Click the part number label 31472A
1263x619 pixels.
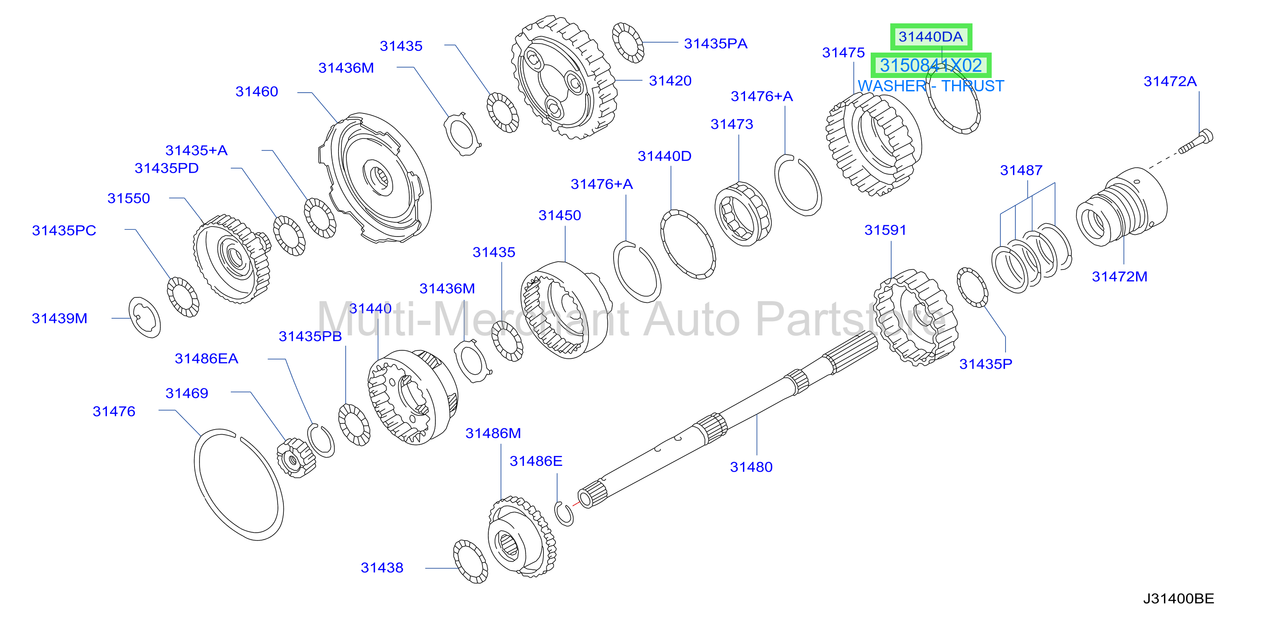point(1170,81)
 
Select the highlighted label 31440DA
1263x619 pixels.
point(931,37)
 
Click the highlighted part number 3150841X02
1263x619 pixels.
point(931,65)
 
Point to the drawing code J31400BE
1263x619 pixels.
point(1179,599)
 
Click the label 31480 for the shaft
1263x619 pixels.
point(751,467)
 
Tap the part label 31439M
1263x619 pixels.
point(59,319)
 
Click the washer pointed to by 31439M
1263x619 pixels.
point(145,317)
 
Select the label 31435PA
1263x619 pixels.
point(715,44)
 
